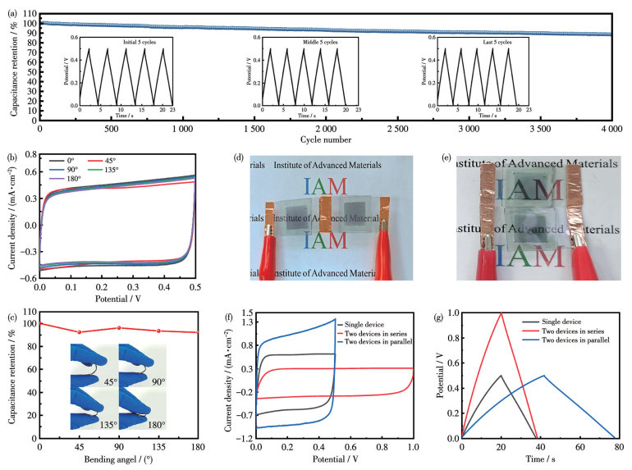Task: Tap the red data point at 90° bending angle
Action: click(x=119, y=328)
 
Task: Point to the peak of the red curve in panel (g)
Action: click(x=501, y=313)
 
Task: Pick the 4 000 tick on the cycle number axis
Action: click(x=607, y=130)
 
